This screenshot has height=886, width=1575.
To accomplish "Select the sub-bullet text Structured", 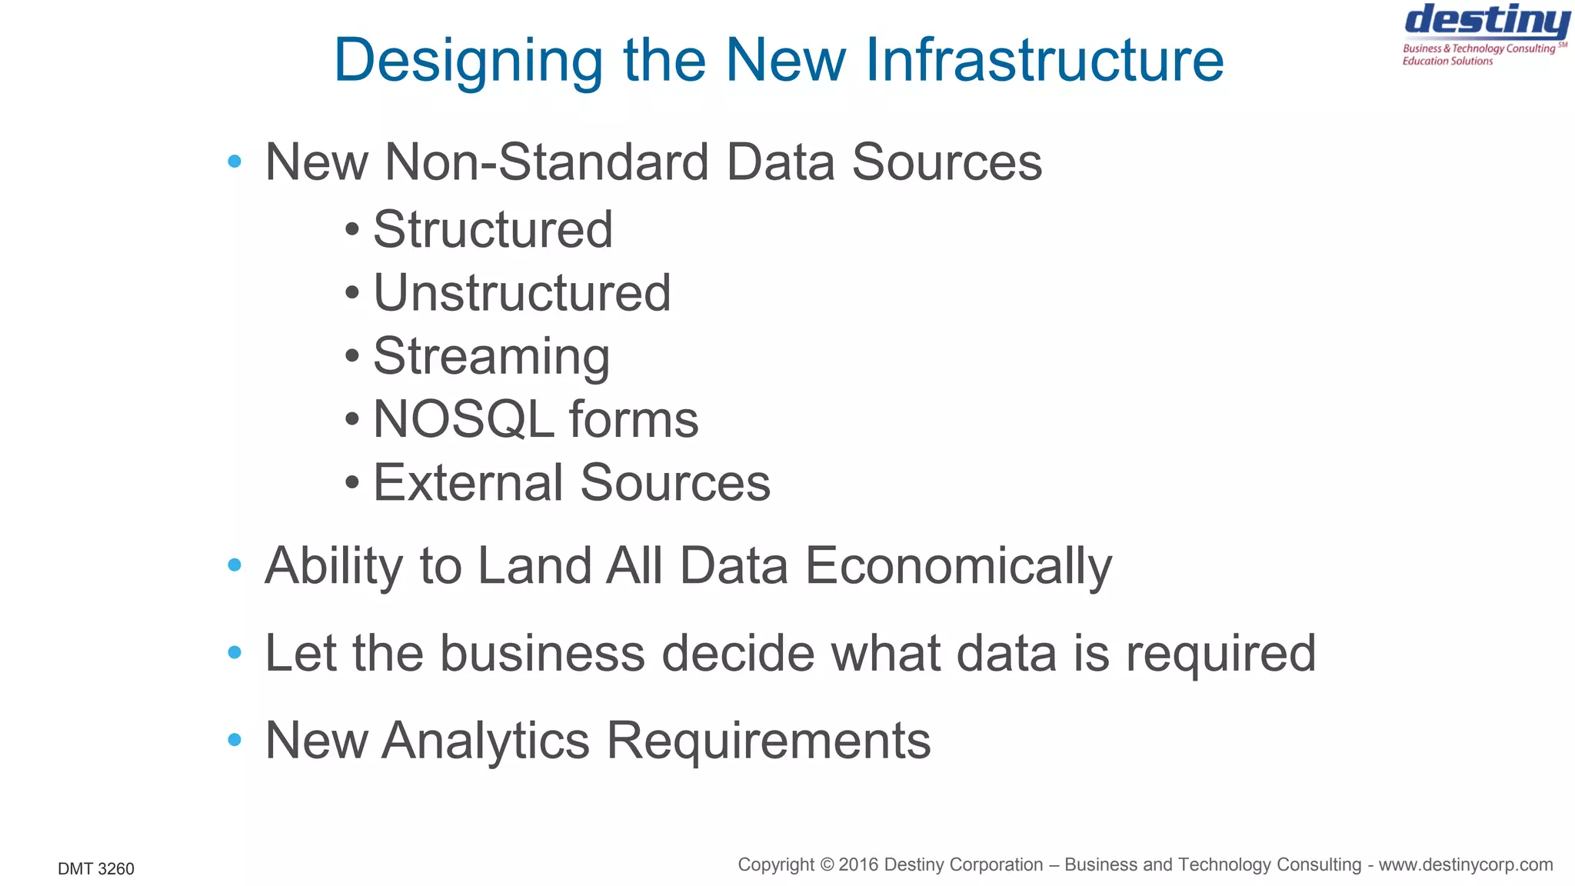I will tap(492, 229).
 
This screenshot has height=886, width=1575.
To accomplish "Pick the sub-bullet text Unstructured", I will tap(521, 293).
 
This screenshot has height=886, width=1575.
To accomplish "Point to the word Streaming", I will tap(491, 357).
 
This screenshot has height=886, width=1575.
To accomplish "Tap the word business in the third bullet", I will tap(542, 653).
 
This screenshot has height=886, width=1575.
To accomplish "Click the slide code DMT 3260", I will tap(96, 869).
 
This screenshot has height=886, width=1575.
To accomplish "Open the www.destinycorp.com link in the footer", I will tap(1465, 865).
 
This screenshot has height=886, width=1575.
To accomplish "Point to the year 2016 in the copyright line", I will tap(859, 865).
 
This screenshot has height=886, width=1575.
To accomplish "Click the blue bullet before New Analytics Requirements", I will tap(235, 740).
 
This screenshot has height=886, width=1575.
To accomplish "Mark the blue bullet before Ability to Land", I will tap(235, 566).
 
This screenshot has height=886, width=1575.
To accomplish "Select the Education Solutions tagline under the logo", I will tap(1447, 62).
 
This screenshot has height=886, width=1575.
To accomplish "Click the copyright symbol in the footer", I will tap(827, 865).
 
